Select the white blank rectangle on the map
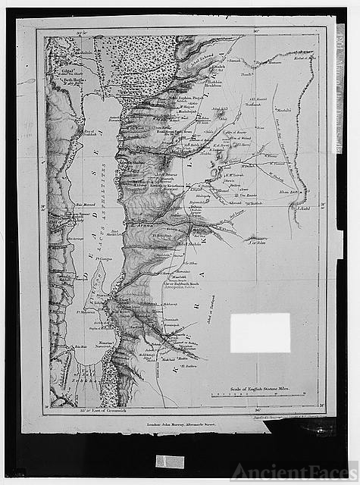260,333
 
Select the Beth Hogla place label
64,79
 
